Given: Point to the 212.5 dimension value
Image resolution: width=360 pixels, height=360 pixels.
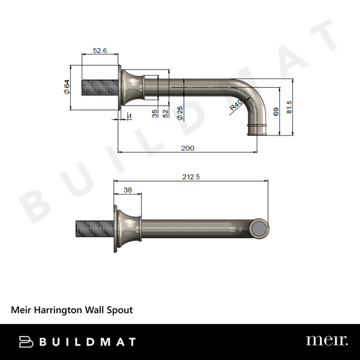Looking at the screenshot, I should tap(190, 176).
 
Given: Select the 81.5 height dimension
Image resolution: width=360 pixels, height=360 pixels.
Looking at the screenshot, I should tap(290, 107).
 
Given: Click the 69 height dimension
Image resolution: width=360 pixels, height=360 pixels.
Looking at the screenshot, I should tap(276, 111).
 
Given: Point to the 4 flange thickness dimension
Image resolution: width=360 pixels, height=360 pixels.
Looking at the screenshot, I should tap(130, 116).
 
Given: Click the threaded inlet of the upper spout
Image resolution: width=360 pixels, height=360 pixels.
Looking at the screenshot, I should tap(94, 88).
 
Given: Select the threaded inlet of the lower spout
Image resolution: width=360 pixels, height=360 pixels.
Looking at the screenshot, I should tap(93, 230).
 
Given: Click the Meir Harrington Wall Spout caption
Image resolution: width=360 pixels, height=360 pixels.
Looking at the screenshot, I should tap(72, 310).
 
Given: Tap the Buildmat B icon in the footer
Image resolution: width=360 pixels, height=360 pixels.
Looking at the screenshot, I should tap(26, 341).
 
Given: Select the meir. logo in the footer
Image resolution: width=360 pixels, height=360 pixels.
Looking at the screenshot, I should tap(326, 341).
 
